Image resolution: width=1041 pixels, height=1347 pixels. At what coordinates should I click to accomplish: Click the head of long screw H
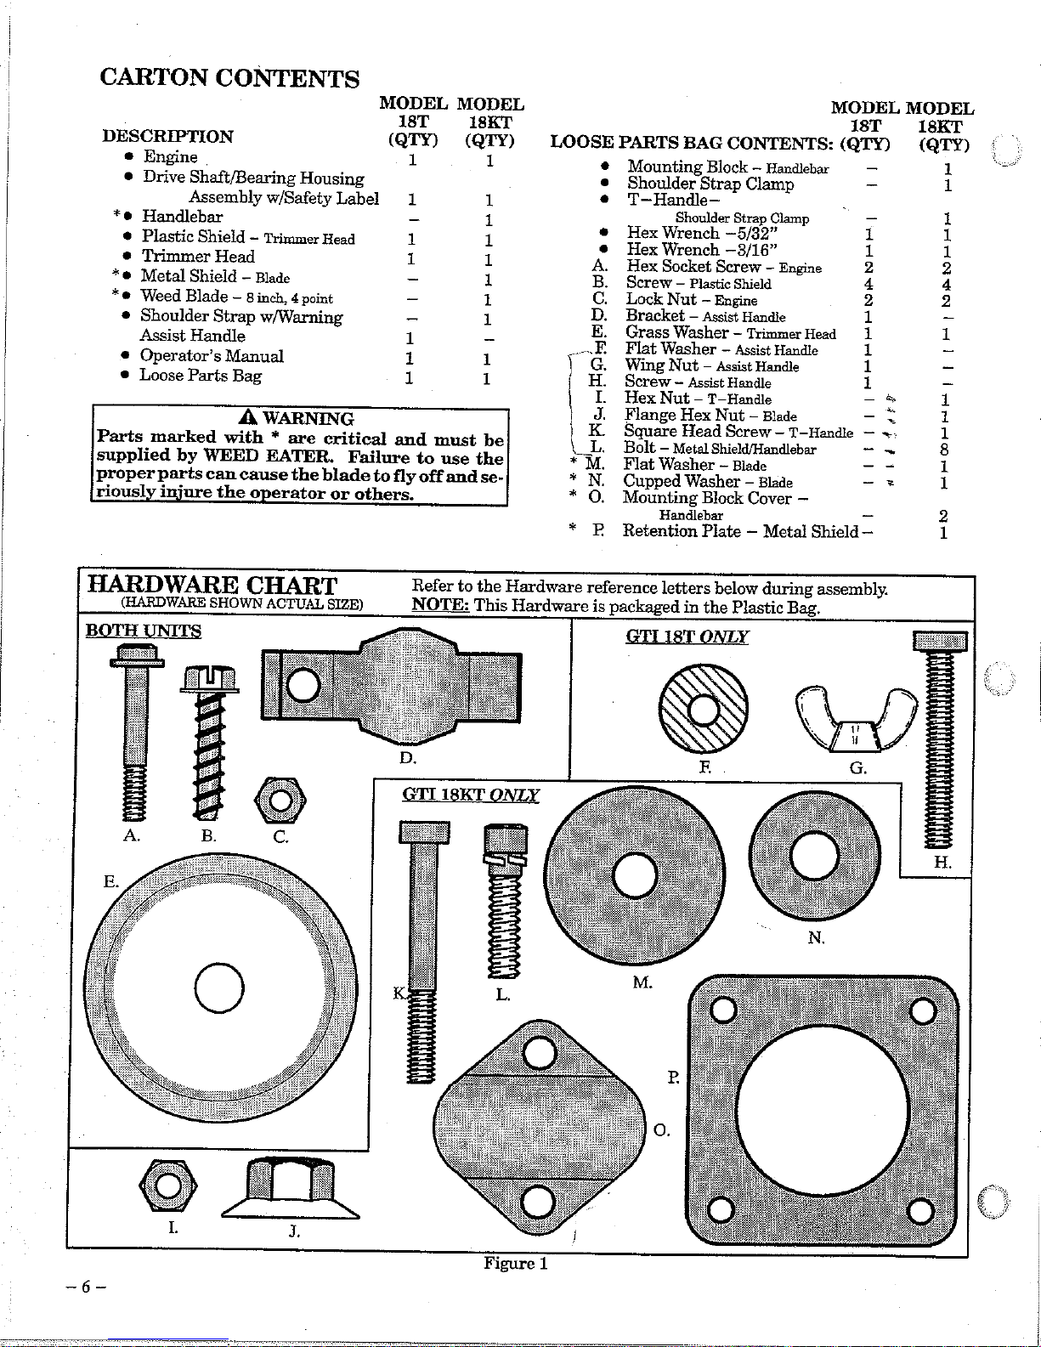939,642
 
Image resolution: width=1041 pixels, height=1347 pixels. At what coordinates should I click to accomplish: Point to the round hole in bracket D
304,685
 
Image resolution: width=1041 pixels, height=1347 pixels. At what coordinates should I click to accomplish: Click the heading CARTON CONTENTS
229,78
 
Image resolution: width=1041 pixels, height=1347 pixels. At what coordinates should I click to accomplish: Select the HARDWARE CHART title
212,586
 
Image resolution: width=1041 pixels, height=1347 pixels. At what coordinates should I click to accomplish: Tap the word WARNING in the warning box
308,418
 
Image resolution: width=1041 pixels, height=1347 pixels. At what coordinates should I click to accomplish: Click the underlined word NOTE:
440,606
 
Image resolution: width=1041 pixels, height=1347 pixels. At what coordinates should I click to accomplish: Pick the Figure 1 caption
516,1263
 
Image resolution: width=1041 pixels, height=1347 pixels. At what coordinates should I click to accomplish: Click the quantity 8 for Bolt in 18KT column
944,449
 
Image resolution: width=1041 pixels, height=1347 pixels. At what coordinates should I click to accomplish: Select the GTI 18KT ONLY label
470,795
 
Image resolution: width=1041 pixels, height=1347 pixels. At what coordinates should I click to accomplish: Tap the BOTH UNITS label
144,631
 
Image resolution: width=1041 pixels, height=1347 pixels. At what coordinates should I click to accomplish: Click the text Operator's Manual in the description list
212,356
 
